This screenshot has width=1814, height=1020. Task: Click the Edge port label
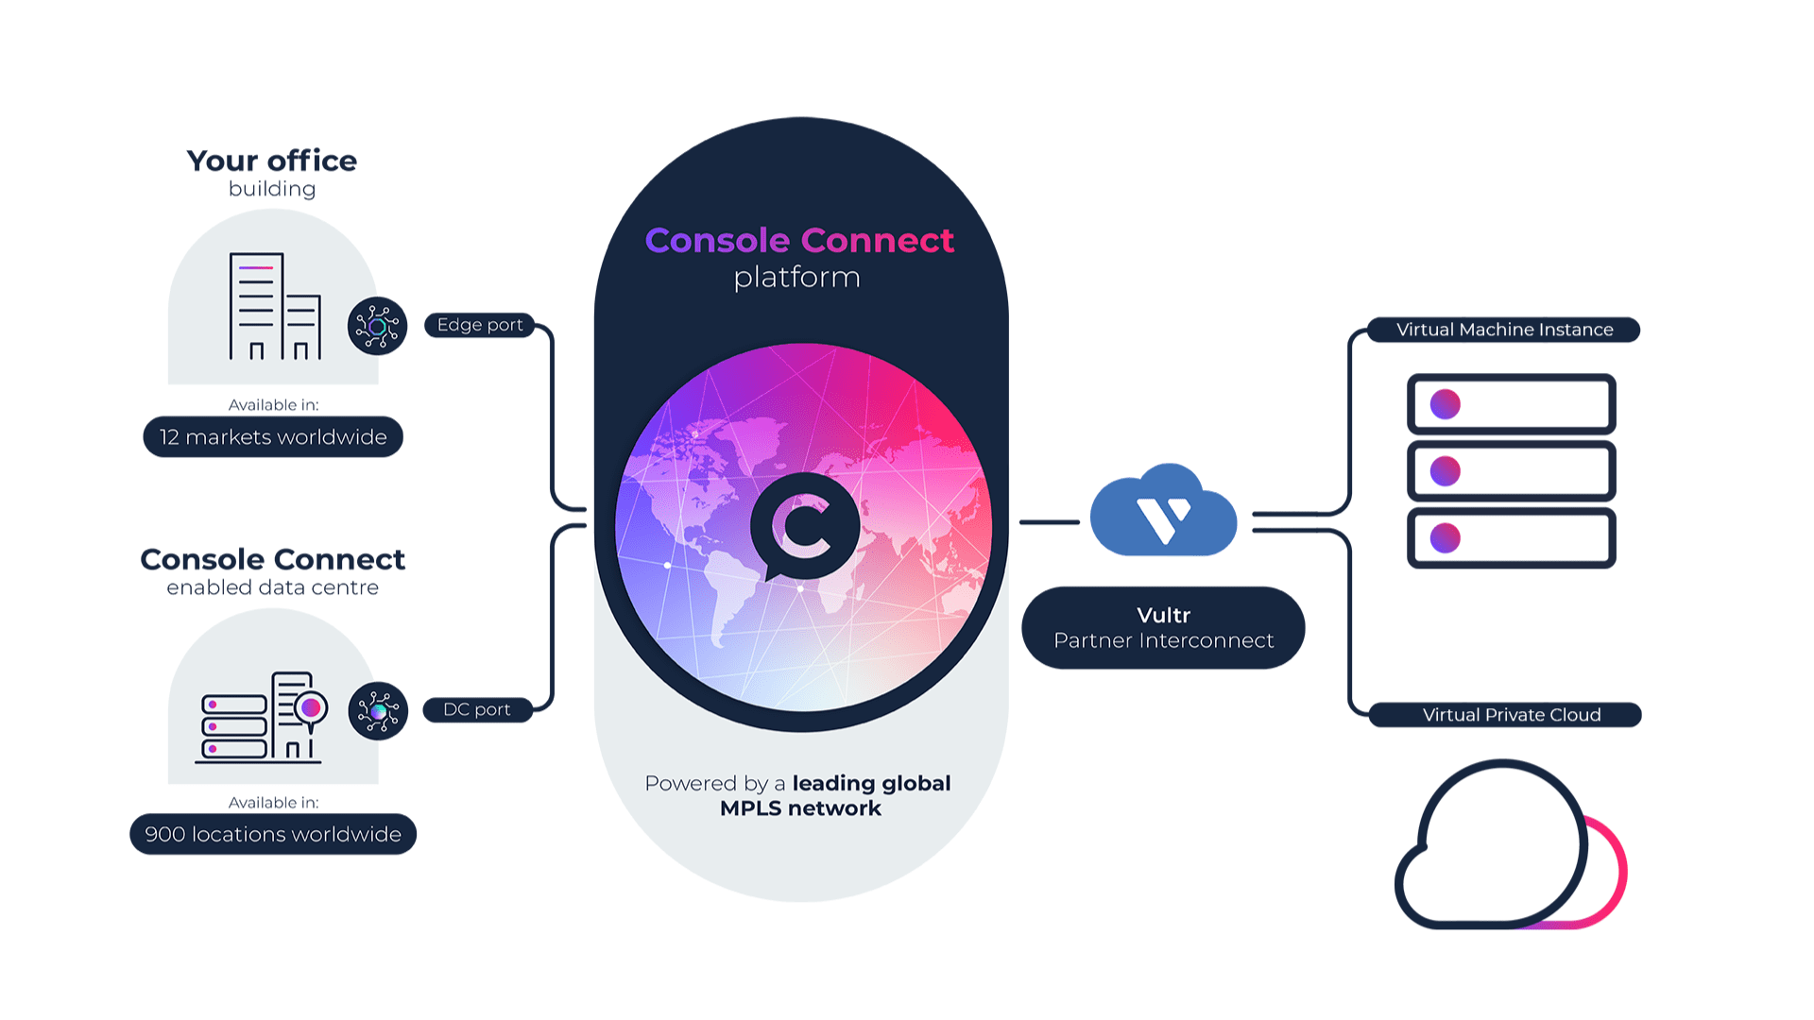click(480, 325)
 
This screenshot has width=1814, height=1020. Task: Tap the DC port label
click(477, 709)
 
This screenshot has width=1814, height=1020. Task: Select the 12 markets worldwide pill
click(273, 437)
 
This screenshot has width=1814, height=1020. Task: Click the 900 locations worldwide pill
click(273, 834)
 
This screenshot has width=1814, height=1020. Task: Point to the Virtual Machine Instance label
click(1504, 330)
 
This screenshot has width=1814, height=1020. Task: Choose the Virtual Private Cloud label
click(1511, 715)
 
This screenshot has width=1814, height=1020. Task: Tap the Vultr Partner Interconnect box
click(1163, 628)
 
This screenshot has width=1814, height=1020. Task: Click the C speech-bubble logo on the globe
click(804, 525)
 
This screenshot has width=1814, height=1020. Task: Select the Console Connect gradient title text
click(799, 240)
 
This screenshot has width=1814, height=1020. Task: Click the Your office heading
click(272, 161)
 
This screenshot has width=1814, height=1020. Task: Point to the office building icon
click(275, 306)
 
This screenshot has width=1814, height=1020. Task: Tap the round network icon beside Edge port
click(377, 327)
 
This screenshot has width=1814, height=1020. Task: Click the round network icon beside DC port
click(378, 710)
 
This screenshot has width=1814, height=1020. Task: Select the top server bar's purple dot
click(1446, 404)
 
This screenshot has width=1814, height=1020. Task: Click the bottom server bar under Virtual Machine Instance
click(1512, 538)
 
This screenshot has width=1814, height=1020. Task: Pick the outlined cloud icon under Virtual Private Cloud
click(1502, 845)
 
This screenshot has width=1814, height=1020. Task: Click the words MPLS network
click(800, 808)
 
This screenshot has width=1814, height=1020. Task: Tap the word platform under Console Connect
click(797, 278)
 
